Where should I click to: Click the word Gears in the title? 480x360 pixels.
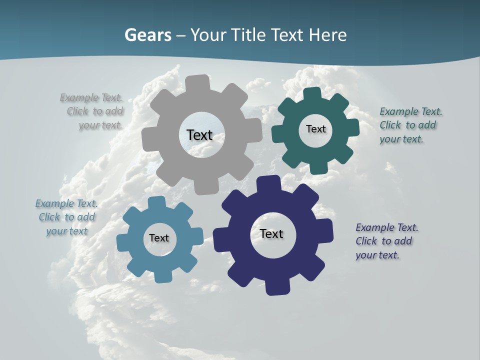pyautogui.click(x=147, y=35)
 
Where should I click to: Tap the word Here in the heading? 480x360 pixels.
pyautogui.click(x=327, y=35)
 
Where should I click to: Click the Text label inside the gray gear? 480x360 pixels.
pyautogui.click(x=199, y=135)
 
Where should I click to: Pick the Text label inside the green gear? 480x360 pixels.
pyautogui.click(x=315, y=129)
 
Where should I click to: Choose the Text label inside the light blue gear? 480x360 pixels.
pyautogui.click(x=159, y=238)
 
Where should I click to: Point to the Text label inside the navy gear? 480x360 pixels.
pyautogui.click(x=271, y=233)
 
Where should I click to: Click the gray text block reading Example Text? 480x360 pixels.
pyautogui.click(x=92, y=111)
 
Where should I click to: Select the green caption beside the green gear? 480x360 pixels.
pyautogui.click(x=410, y=125)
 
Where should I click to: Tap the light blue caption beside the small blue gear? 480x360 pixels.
pyautogui.click(x=66, y=217)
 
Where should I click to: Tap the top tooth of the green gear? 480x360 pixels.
pyautogui.click(x=312, y=93)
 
